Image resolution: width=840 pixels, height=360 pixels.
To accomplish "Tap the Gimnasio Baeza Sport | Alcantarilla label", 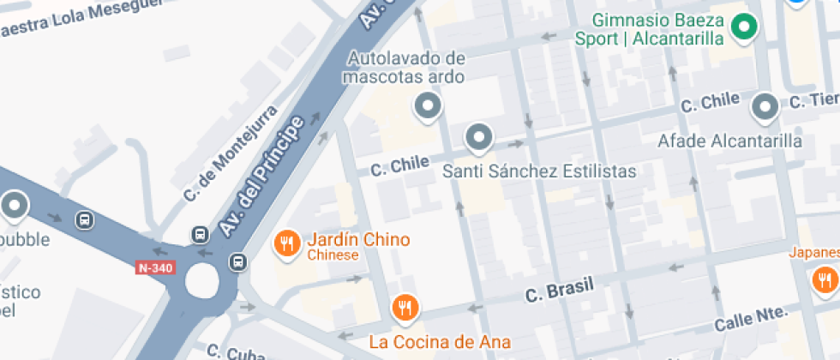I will pyautogui.click(x=657, y=30).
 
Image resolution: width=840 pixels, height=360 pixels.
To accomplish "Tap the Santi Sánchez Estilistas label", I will pyautogui.click(x=539, y=171).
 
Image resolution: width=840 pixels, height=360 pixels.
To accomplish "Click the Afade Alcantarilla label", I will pyautogui.click(x=730, y=141).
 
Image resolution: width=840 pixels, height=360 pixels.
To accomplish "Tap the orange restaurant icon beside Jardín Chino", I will pyautogui.click(x=286, y=244).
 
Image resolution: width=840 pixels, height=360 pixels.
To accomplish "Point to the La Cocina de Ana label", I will pyautogui.click(x=440, y=342).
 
